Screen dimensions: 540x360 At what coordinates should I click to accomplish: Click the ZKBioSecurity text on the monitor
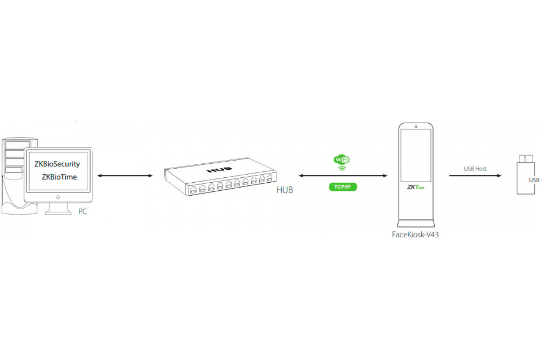click(x=57, y=164)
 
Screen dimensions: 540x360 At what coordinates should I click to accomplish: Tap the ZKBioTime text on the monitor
click(x=59, y=177)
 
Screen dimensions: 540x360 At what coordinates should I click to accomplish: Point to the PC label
click(x=82, y=211)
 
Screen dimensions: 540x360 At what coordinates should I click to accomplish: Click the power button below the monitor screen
click(x=58, y=197)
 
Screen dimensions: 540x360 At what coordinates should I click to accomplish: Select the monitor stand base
click(x=58, y=212)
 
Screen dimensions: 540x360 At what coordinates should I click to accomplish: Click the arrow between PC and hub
click(x=125, y=176)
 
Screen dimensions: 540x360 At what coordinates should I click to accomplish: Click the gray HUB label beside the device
click(x=285, y=190)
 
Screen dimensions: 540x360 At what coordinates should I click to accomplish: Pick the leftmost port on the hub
click(x=193, y=190)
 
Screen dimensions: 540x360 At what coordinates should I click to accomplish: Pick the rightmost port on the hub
click(x=270, y=178)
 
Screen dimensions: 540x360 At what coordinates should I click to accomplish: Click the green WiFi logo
click(x=342, y=162)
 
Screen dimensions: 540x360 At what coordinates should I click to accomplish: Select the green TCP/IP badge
click(x=343, y=187)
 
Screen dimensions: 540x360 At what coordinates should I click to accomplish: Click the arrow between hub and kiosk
click(x=343, y=176)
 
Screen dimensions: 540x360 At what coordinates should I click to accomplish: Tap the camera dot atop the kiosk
click(x=416, y=127)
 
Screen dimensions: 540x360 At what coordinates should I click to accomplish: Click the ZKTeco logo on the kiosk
click(x=416, y=187)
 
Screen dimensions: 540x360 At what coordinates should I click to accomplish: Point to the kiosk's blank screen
click(x=416, y=155)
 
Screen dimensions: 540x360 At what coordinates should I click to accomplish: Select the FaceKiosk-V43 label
click(x=415, y=234)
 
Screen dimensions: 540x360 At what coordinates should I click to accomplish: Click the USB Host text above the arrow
click(x=475, y=169)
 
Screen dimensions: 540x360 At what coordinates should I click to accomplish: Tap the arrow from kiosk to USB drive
click(x=475, y=176)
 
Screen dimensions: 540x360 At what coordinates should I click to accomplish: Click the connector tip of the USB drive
click(x=526, y=159)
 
